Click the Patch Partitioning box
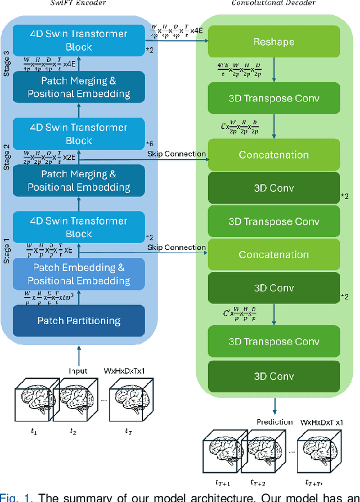[x=79, y=321]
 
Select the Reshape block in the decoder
[x=274, y=42]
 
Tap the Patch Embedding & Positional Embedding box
[x=79, y=274]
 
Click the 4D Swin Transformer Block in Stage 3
[x=79, y=41]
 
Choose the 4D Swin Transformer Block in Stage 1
[x=79, y=227]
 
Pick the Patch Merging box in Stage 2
[x=79, y=181]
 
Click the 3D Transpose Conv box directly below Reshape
[x=274, y=98]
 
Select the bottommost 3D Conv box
[x=274, y=376]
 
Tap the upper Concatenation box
[x=274, y=155]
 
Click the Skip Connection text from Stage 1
[x=177, y=248]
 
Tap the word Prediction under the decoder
[x=274, y=422]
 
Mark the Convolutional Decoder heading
[x=273, y=3]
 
